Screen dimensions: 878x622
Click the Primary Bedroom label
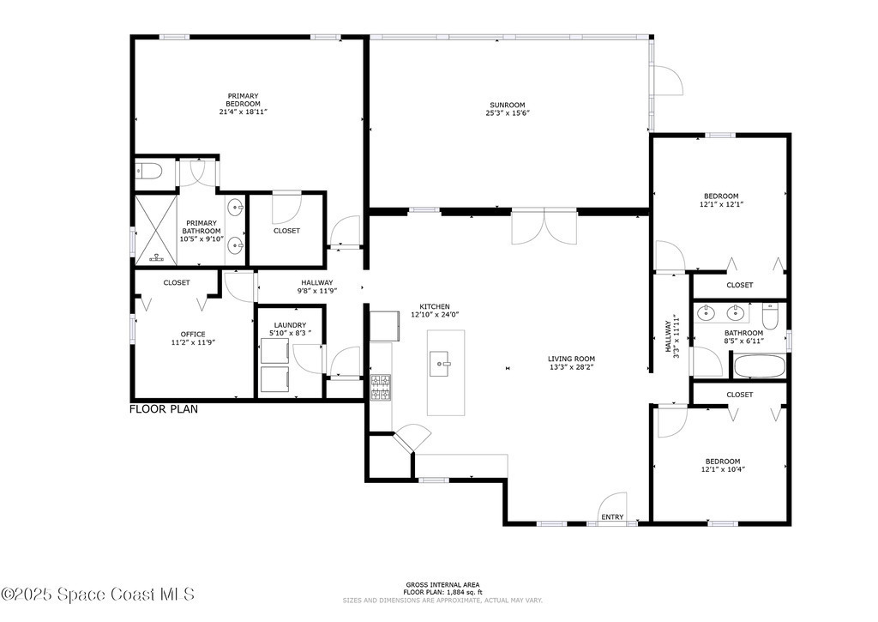pos(243,100)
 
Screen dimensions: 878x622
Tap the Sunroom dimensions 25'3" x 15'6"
pos(508,112)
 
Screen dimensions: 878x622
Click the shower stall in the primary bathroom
pos(156,230)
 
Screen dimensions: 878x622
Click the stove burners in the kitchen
pos(381,387)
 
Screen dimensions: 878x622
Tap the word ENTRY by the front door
pos(612,516)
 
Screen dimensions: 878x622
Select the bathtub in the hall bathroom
pos(760,366)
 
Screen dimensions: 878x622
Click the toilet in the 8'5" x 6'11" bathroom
pos(771,316)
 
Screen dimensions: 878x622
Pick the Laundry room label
pos(290,325)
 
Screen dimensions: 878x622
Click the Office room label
pos(193,335)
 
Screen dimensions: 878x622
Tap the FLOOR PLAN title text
pos(164,409)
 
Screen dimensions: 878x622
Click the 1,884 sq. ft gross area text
pos(442,592)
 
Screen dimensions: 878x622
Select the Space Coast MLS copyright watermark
pos(98,594)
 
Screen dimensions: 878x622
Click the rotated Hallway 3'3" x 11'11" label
pos(672,336)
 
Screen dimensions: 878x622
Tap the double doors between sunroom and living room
pos(544,227)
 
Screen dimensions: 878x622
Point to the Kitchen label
pos(435,306)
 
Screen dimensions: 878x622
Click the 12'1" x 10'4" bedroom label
pos(722,466)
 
